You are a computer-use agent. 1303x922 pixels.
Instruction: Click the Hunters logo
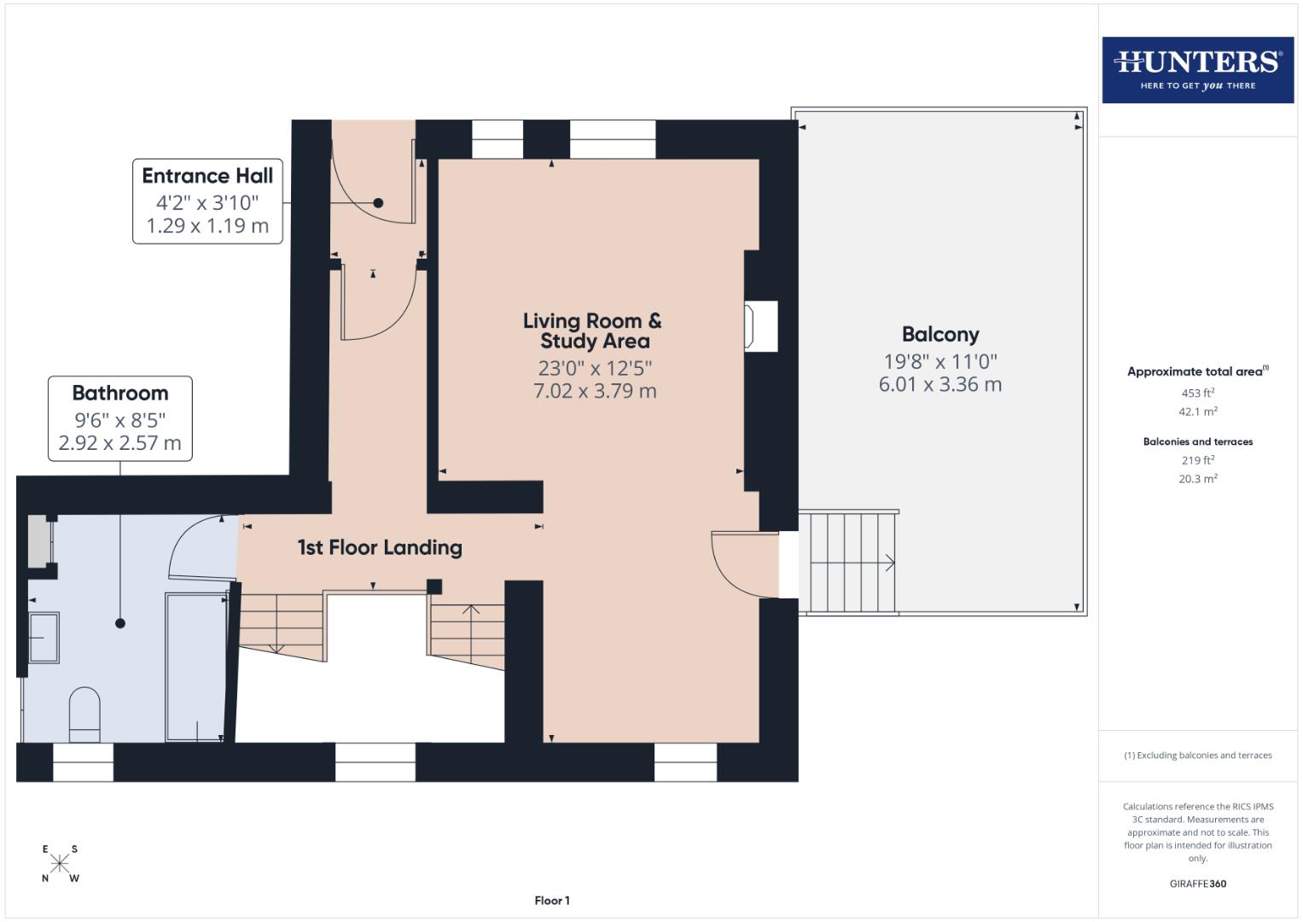(1197, 69)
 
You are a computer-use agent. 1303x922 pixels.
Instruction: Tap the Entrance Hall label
(207, 176)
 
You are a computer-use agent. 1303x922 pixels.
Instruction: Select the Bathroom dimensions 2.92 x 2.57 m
(119, 443)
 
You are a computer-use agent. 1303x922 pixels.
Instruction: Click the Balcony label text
(940, 335)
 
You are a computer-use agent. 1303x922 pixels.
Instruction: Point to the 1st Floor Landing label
(380, 547)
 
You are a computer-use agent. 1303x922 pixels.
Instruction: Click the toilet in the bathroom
(84, 714)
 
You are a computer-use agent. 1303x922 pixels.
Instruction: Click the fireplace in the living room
(761, 325)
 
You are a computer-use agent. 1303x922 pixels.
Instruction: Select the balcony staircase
(850, 562)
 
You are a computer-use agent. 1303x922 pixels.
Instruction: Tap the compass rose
(60, 863)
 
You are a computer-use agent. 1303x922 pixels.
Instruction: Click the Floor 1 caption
(552, 901)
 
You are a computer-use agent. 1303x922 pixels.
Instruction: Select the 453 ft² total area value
(1197, 393)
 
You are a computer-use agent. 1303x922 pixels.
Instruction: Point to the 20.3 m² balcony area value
(1197, 479)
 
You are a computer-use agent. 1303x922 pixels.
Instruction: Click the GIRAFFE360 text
(1197, 884)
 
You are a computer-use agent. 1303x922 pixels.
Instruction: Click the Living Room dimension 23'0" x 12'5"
(595, 368)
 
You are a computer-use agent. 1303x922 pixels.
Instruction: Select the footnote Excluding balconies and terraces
(1197, 756)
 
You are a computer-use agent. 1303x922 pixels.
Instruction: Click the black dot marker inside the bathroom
(120, 623)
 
